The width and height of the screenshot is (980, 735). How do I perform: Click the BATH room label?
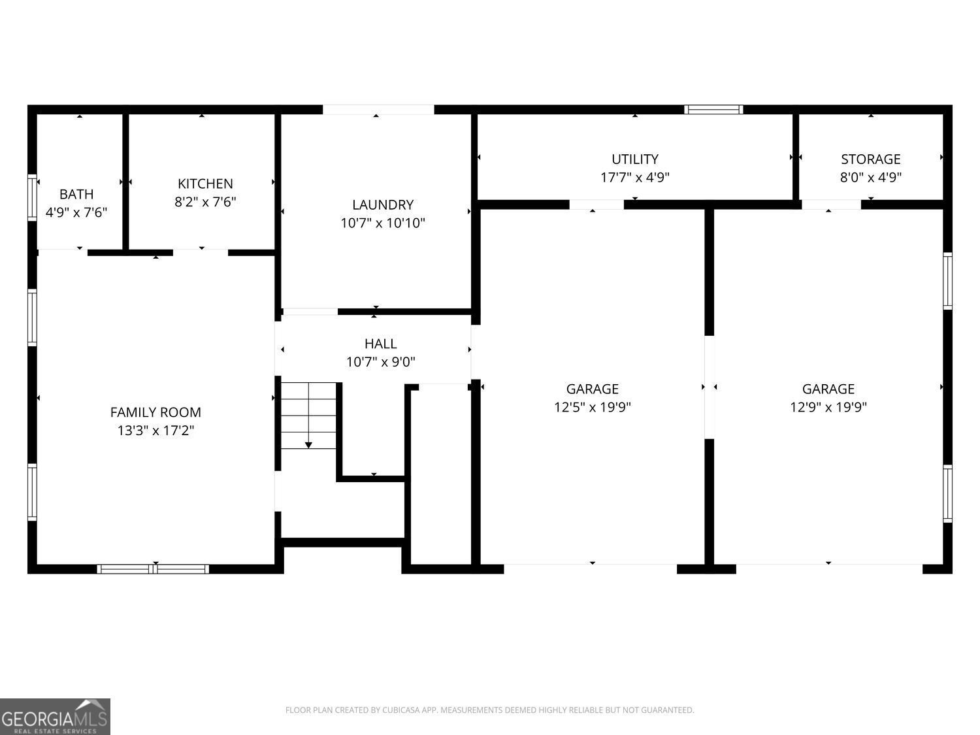point(76,194)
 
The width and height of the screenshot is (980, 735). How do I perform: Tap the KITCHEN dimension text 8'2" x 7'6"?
point(205,202)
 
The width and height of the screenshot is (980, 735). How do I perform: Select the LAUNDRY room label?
point(383,204)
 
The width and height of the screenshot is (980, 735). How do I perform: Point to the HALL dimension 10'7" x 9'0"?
point(381,362)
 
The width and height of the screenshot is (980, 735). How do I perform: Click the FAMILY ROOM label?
point(155,412)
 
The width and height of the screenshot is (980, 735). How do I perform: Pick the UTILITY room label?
point(635,159)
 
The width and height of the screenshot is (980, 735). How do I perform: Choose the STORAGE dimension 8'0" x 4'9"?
point(871,177)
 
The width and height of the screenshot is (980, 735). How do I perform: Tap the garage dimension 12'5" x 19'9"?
point(593,407)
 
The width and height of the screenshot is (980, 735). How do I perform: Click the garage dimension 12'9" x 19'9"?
point(828,407)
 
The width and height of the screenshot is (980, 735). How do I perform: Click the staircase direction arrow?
point(308,444)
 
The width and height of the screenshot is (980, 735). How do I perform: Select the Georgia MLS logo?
point(55,716)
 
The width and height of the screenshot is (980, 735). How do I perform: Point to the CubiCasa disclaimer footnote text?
point(489,710)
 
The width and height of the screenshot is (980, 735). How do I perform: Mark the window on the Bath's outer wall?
point(32,197)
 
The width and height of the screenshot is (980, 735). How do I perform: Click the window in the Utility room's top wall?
point(713,110)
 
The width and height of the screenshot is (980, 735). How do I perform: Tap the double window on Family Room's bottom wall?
point(153,569)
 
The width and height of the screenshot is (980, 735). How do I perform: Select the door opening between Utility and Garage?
point(596,204)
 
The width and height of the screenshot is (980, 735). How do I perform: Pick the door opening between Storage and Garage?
point(831,204)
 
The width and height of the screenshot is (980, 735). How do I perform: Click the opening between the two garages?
point(710,387)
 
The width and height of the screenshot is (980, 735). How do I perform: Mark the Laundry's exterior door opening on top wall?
point(378,110)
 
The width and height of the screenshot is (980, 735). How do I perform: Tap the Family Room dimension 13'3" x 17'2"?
point(155,431)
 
